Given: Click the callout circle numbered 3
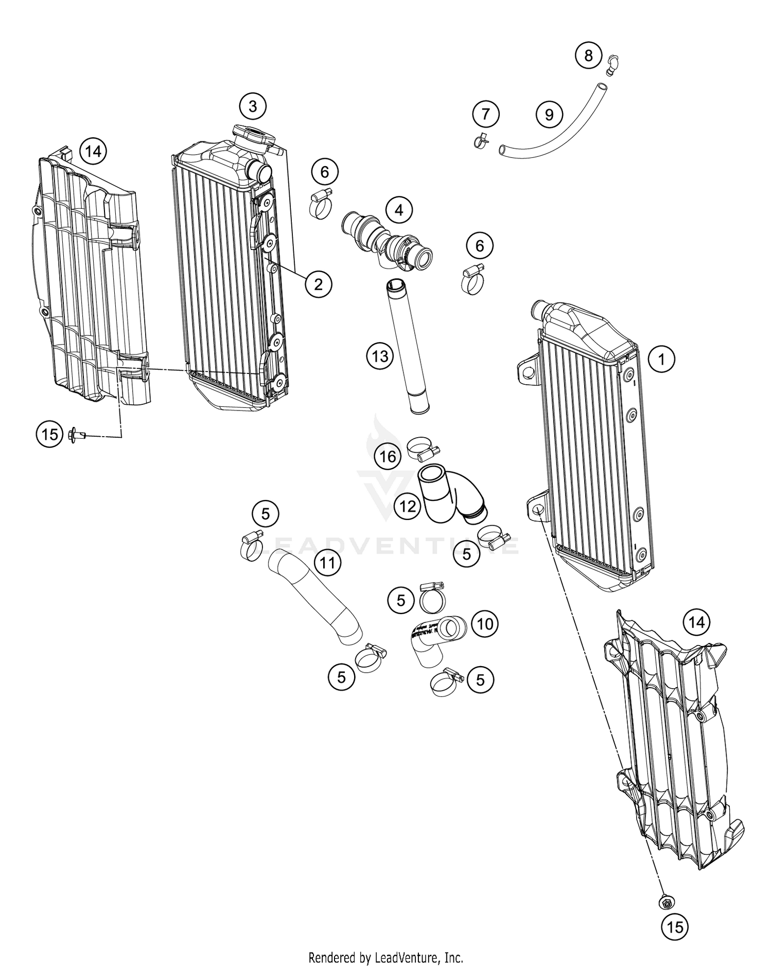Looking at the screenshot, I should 252,106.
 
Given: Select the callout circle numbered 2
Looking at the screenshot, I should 318,283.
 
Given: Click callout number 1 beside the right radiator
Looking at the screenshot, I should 661,359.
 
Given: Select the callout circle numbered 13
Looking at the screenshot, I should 380,355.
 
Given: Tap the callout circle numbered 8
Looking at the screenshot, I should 588,55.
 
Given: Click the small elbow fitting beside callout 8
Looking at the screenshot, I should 612,65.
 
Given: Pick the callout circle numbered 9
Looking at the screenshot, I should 549,114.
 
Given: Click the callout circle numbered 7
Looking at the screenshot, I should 486,114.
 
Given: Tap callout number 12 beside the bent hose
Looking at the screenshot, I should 407,507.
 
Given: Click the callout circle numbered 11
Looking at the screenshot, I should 328,563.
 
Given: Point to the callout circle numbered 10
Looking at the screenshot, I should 485,624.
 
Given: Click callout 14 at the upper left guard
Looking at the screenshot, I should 93,152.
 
